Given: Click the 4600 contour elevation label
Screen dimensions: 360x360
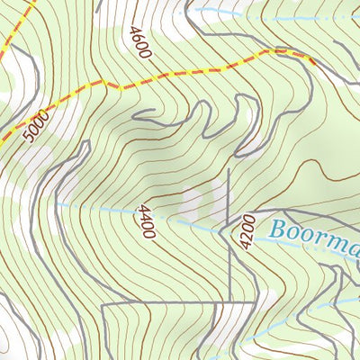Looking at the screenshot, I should [x=139, y=42].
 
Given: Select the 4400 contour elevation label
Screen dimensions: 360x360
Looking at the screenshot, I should [x=146, y=221].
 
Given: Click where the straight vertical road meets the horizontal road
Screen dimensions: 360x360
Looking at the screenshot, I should [x=230, y=304].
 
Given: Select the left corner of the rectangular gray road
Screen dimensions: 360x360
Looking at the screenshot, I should [x=103, y=306].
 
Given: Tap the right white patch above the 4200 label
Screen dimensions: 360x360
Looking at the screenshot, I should [x=217, y=200].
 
